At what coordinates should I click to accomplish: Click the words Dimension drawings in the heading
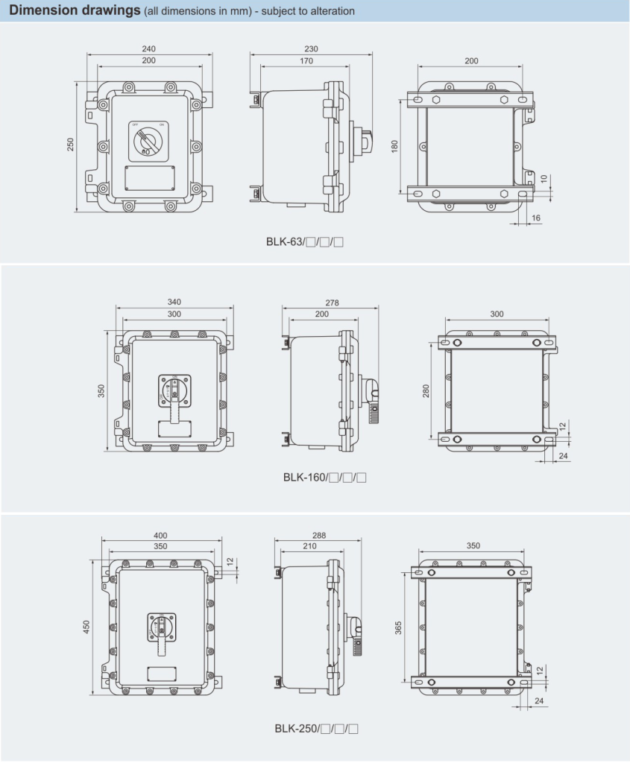(74, 11)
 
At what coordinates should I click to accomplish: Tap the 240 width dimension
(149, 48)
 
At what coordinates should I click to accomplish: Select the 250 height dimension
(71, 145)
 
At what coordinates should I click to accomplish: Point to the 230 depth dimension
(311, 48)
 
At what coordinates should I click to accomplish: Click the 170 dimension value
(306, 61)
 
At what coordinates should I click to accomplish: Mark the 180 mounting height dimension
(395, 145)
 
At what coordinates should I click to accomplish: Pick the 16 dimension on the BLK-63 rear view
(537, 218)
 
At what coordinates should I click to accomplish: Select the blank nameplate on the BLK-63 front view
(148, 178)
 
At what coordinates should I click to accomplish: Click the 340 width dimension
(174, 302)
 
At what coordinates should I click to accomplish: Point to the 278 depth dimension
(332, 303)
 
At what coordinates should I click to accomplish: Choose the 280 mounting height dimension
(426, 391)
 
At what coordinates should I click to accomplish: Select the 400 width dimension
(160, 535)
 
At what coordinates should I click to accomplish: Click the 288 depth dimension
(319, 535)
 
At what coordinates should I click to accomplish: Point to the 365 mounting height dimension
(400, 628)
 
